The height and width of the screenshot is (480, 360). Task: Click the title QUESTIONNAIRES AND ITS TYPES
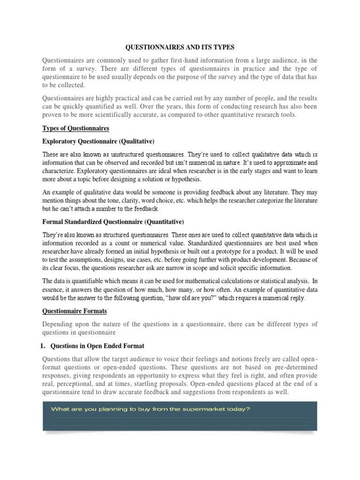click(x=180, y=48)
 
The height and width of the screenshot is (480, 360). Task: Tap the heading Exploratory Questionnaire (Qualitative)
click(x=98, y=141)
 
